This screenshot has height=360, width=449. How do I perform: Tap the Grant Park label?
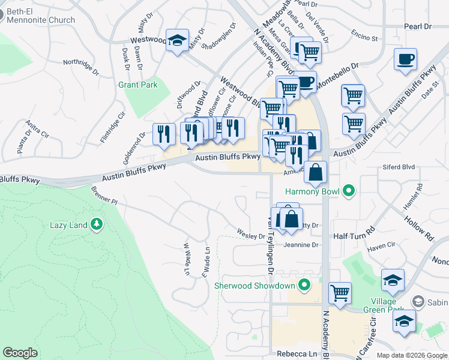coord(138,85)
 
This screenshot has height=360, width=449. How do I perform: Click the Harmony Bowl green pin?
coord(349,192)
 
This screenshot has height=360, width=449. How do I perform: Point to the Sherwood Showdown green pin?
coord(305,285)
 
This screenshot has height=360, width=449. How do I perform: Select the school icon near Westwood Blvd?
coord(177,40)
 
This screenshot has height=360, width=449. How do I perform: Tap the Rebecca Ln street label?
coord(296,354)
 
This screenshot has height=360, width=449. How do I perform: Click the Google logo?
coord(20,353)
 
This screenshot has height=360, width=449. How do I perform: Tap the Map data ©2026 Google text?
coord(411,355)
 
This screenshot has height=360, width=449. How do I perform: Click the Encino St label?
coord(365,36)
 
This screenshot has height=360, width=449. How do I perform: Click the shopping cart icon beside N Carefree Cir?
coord(340,293)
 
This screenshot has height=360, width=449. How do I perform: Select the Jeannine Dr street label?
coord(301,245)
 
